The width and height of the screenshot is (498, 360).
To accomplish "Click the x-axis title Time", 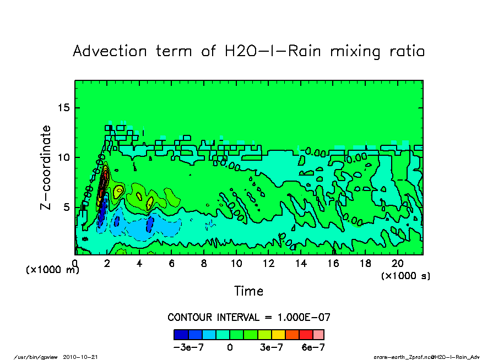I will (x=248, y=291).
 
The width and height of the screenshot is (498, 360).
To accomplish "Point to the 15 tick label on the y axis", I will (x=64, y=107).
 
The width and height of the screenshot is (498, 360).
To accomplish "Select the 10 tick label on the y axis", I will (x=64, y=157).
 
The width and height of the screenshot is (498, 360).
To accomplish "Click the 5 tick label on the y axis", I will (x=67, y=207).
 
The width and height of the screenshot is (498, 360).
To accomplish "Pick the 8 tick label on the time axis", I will (x=204, y=264).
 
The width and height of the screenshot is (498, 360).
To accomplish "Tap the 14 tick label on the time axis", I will (x=301, y=264).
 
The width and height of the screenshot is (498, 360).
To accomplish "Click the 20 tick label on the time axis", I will (x=398, y=264).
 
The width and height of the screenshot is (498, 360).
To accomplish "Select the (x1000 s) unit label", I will (x=405, y=275).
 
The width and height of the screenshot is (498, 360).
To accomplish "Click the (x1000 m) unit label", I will (x=53, y=270).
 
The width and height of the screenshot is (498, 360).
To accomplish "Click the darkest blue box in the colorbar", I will (x=181, y=334).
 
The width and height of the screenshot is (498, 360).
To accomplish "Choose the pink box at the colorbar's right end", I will (x=318, y=334).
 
